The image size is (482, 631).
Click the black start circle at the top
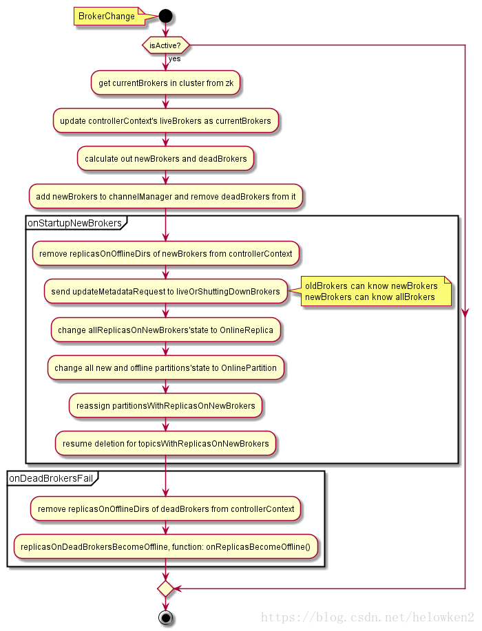coord(165,16)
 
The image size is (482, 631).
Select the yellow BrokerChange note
coord(109,16)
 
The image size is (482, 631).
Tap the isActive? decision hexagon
coord(165,45)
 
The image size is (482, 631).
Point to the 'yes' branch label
coord(174,58)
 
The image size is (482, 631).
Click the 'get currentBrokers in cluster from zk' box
coord(165,83)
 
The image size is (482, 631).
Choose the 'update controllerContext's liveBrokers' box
coord(165,120)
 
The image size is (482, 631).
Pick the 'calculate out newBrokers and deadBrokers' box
coord(165,158)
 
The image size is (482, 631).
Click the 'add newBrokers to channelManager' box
coord(165,196)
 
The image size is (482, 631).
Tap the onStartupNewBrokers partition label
coord(75,223)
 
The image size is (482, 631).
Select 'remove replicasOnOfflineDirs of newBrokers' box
coord(165,253)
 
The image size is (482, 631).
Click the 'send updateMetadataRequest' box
coord(165,291)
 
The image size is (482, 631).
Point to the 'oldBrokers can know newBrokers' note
coord(376,291)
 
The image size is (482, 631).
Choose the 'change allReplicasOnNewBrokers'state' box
coord(165,330)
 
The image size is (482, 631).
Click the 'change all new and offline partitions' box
coord(165,368)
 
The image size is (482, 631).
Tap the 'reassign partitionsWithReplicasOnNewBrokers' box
coord(165,406)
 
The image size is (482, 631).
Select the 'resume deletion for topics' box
coord(165,443)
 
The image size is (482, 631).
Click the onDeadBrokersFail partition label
coord(52,478)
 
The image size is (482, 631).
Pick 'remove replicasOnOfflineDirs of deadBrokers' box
coord(165,509)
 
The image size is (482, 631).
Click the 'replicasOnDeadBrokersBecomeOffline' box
coord(165,546)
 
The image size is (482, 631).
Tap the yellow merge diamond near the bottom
coord(165,589)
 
